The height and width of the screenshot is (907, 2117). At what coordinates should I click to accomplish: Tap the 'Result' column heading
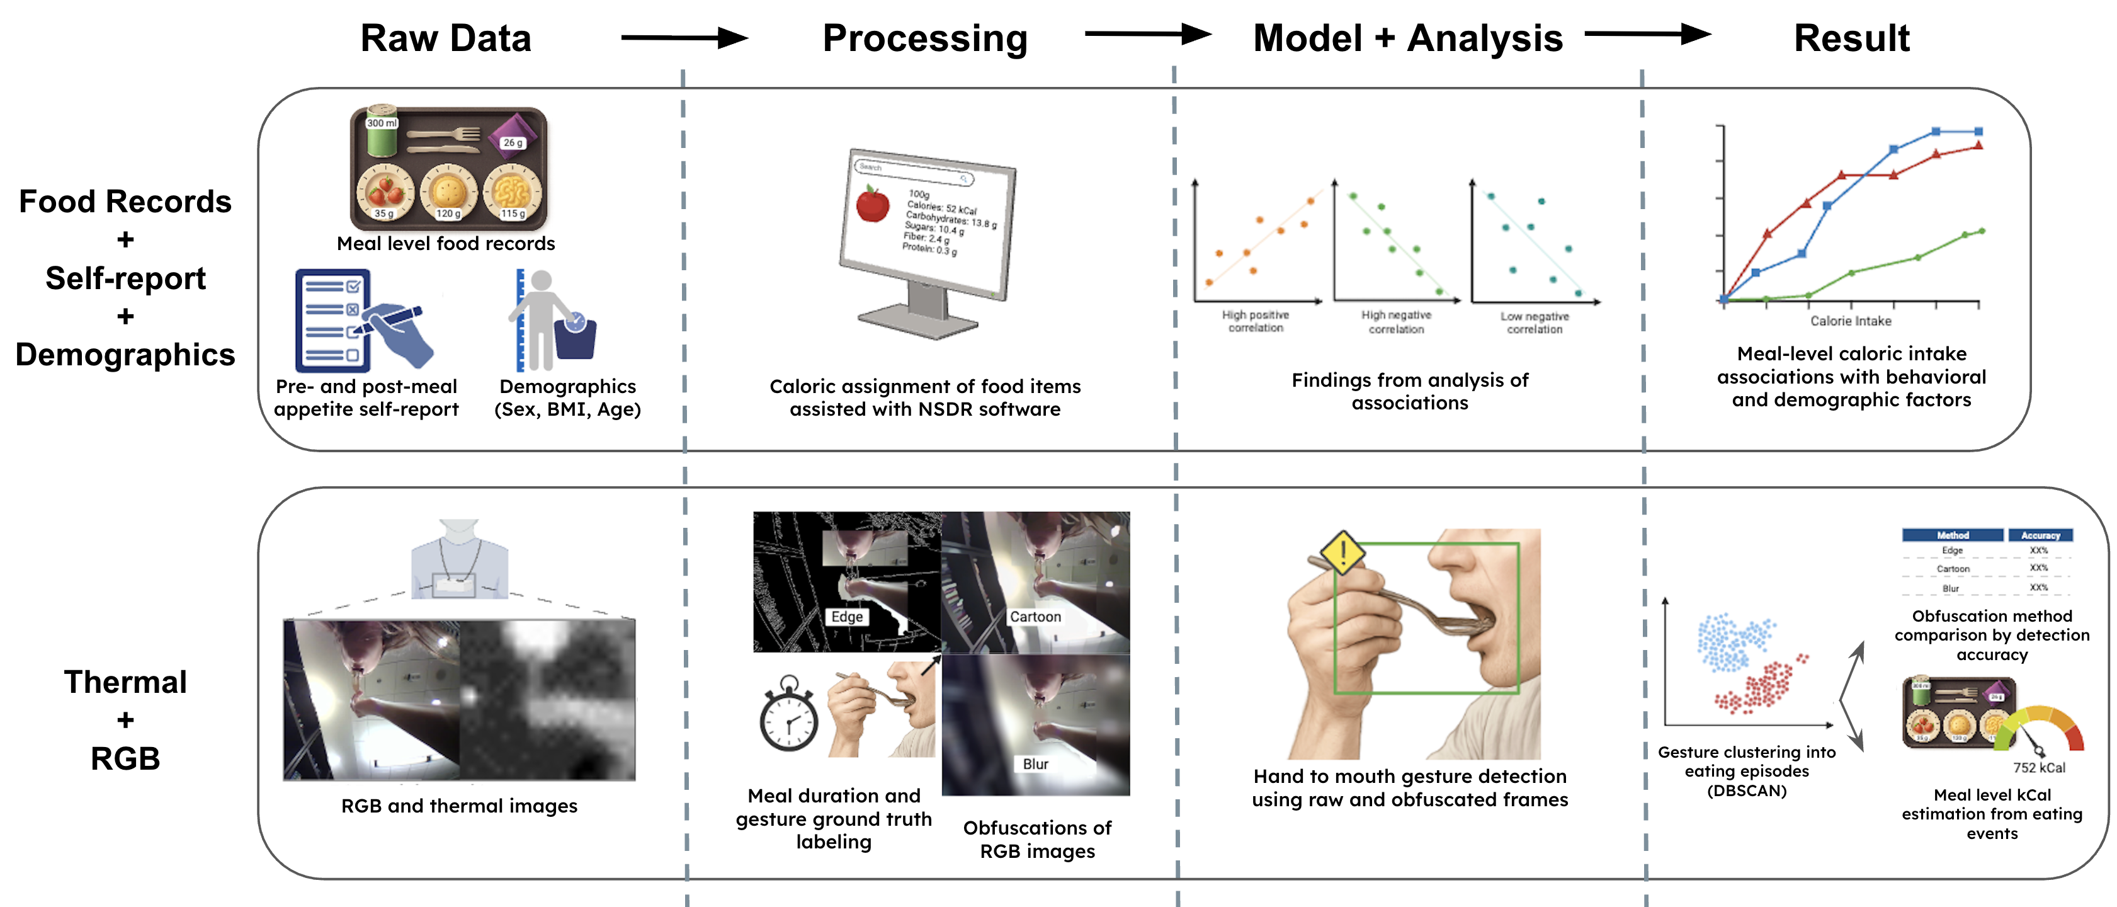click(1851, 38)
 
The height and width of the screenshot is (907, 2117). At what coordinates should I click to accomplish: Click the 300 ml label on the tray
click(382, 123)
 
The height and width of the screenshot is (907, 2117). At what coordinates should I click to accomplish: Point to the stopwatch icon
click(788, 715)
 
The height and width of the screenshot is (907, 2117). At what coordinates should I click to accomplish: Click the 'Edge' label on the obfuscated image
click(846, 617)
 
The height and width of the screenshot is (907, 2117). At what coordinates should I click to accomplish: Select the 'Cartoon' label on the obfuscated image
click(1035, 617)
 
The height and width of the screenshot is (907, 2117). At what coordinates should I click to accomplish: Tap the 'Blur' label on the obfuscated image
click(1035, 764)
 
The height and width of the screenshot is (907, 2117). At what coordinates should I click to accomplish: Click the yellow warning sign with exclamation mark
click(1342, 552)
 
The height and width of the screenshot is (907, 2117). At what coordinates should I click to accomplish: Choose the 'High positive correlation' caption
click(1255, 321)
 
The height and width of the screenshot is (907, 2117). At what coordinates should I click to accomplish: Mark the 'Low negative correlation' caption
click(1535, 322)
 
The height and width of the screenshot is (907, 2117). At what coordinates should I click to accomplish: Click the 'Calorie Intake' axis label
click(1850, 321)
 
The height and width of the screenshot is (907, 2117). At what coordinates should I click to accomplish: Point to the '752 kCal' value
click(2038, 768)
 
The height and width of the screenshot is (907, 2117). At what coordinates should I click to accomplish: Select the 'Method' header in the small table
click(1953, 535)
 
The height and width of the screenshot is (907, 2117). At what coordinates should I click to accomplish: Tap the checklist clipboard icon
click(333, 321)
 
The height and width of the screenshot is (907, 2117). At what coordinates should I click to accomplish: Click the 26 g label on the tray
click(513, 143)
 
